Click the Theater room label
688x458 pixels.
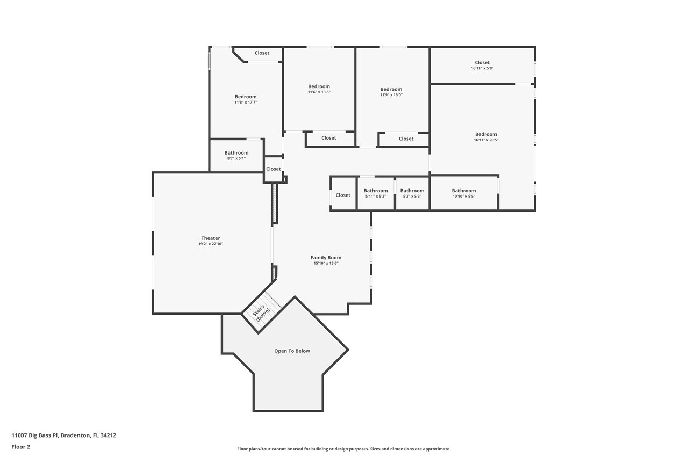[210, 238]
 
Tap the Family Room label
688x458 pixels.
[326, 258]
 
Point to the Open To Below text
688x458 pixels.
[292, 351]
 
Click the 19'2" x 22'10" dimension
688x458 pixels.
[210, 244]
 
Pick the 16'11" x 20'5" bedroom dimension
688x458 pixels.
[486, 140]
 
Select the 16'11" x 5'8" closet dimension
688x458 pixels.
[482, 68]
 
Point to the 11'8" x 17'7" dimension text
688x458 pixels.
[246, 102]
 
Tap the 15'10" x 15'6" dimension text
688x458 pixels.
[326, 264]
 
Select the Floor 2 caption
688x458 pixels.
[20, 446]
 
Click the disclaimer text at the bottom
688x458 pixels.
[343, 449]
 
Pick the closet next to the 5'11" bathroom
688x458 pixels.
[343, 195]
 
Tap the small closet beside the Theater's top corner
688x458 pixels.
[273, 169]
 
